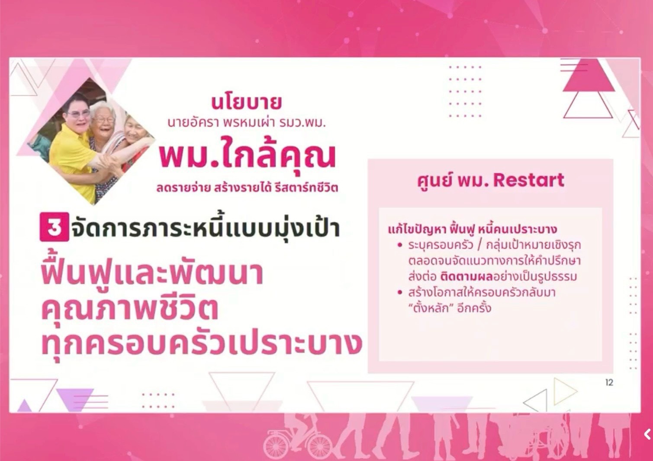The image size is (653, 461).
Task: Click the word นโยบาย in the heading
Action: tap(247, 103)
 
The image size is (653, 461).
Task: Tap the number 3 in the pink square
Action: tap(54, 227)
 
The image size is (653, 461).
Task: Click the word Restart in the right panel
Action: tap(529, 180)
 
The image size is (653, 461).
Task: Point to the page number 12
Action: tap(609, 382)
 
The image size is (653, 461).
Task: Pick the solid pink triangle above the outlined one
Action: tap(589, 75)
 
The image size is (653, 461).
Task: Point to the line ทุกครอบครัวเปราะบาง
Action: tap(202, 345)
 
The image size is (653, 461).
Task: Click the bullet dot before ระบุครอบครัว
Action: tap(400, 245)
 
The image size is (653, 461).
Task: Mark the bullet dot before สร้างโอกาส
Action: tap(400, 292)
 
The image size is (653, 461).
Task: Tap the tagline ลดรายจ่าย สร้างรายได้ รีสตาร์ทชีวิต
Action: tap(247, 188)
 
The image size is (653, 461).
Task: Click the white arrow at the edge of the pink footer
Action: tap(647, 435)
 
